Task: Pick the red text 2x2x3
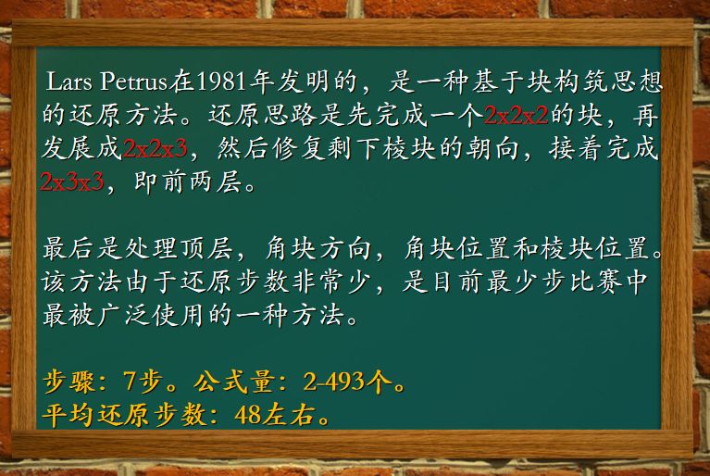[x=155, y=149]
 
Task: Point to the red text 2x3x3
[x=72, y=182]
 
